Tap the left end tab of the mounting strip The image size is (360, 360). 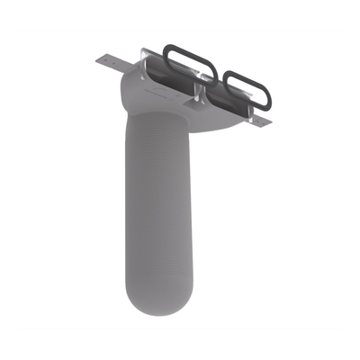point(111,63)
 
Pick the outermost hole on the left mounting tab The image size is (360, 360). point(101,60)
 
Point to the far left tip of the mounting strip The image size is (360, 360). point(94,59)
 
